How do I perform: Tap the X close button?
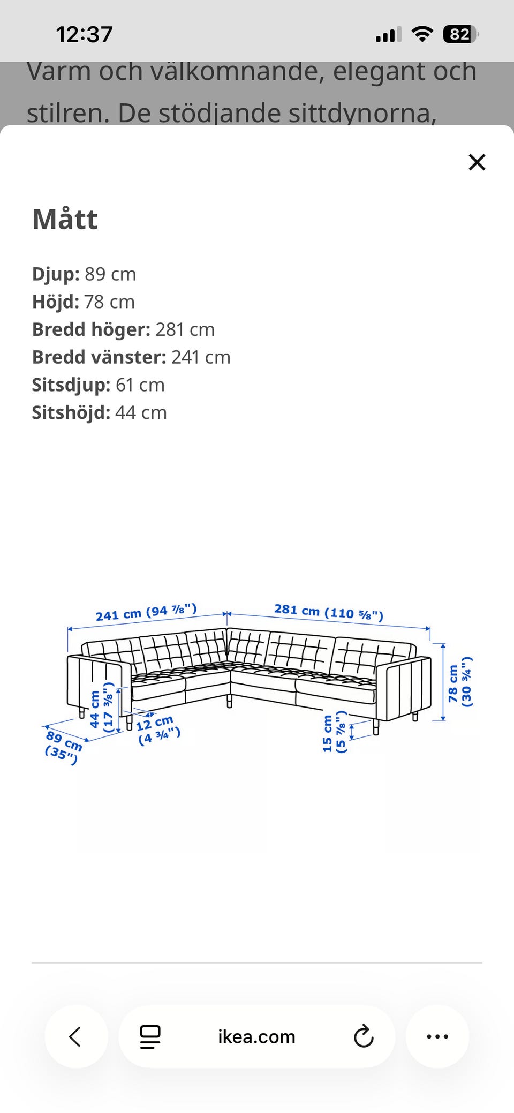click(x=477, y=162)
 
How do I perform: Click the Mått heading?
click(x=65, y=219)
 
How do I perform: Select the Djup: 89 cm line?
click(x=84, y=274)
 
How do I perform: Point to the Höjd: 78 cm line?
click(x=84, y=302)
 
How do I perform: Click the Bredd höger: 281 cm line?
click(x=123, y=329)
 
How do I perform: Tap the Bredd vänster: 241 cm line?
click(x=131, y=357)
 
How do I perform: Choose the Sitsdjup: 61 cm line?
click(x=98, y=385)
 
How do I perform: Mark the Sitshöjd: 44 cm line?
click(x=99, y=413)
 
